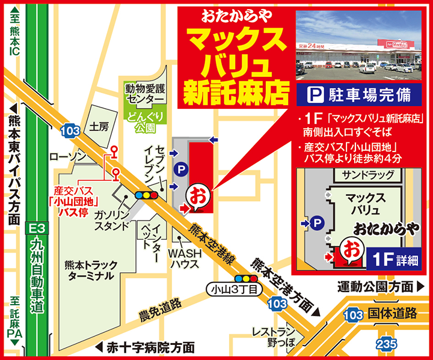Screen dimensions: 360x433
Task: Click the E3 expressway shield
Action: coord(37,229)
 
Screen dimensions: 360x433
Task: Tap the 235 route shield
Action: coord(385,344)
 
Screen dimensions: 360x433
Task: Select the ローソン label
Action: coord(68,156)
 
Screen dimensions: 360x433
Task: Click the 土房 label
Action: coord(99,127)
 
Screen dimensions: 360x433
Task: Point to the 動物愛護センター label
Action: coord(144,93)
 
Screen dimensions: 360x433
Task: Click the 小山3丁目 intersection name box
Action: coord(235,290)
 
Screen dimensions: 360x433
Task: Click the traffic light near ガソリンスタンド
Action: coord(147,195)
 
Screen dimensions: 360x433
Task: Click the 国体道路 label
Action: coord(392,313)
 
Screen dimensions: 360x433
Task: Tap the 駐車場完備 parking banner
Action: coord(358,94)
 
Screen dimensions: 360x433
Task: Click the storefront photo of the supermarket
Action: coord(358,46)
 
